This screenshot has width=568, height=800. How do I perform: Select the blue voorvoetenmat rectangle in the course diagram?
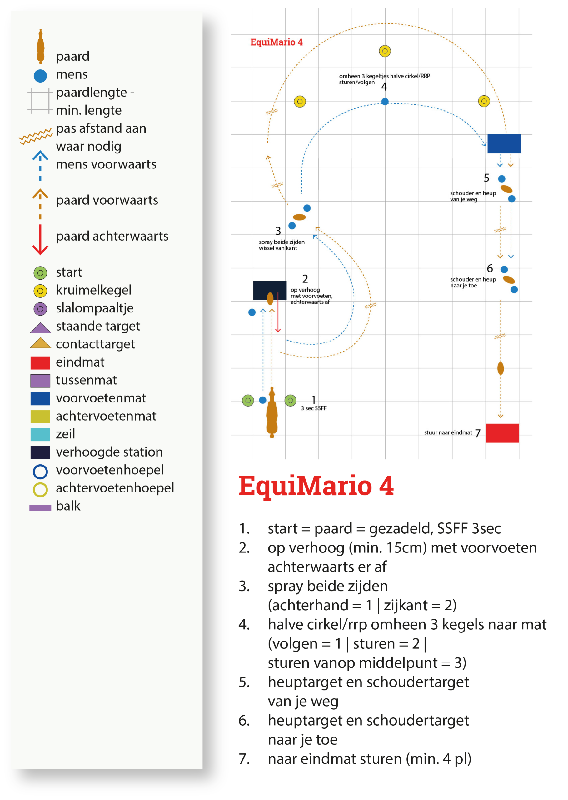(504, 143)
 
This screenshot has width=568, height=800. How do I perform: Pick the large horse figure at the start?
(272, 413)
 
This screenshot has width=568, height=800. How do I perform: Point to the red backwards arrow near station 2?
(278, 313)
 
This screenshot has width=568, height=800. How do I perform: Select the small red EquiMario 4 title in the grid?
(276, 42)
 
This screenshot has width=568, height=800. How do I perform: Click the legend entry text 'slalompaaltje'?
(94, 308)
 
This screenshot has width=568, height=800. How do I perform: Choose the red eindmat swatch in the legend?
(40, 362)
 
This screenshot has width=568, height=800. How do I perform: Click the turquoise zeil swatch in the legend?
(40, 434)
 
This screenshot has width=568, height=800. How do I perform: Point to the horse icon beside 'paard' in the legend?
(41, 47)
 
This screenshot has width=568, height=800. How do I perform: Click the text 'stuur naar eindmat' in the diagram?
(448, 432)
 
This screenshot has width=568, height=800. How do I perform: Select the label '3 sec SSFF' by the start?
(314, 408)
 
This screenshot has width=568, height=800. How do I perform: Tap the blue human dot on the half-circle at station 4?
(385, 102)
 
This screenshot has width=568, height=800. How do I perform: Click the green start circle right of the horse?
(290, 400)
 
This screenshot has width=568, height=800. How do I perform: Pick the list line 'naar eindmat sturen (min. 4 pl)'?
(369, 759)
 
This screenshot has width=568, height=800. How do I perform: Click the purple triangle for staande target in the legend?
(41, 328)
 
